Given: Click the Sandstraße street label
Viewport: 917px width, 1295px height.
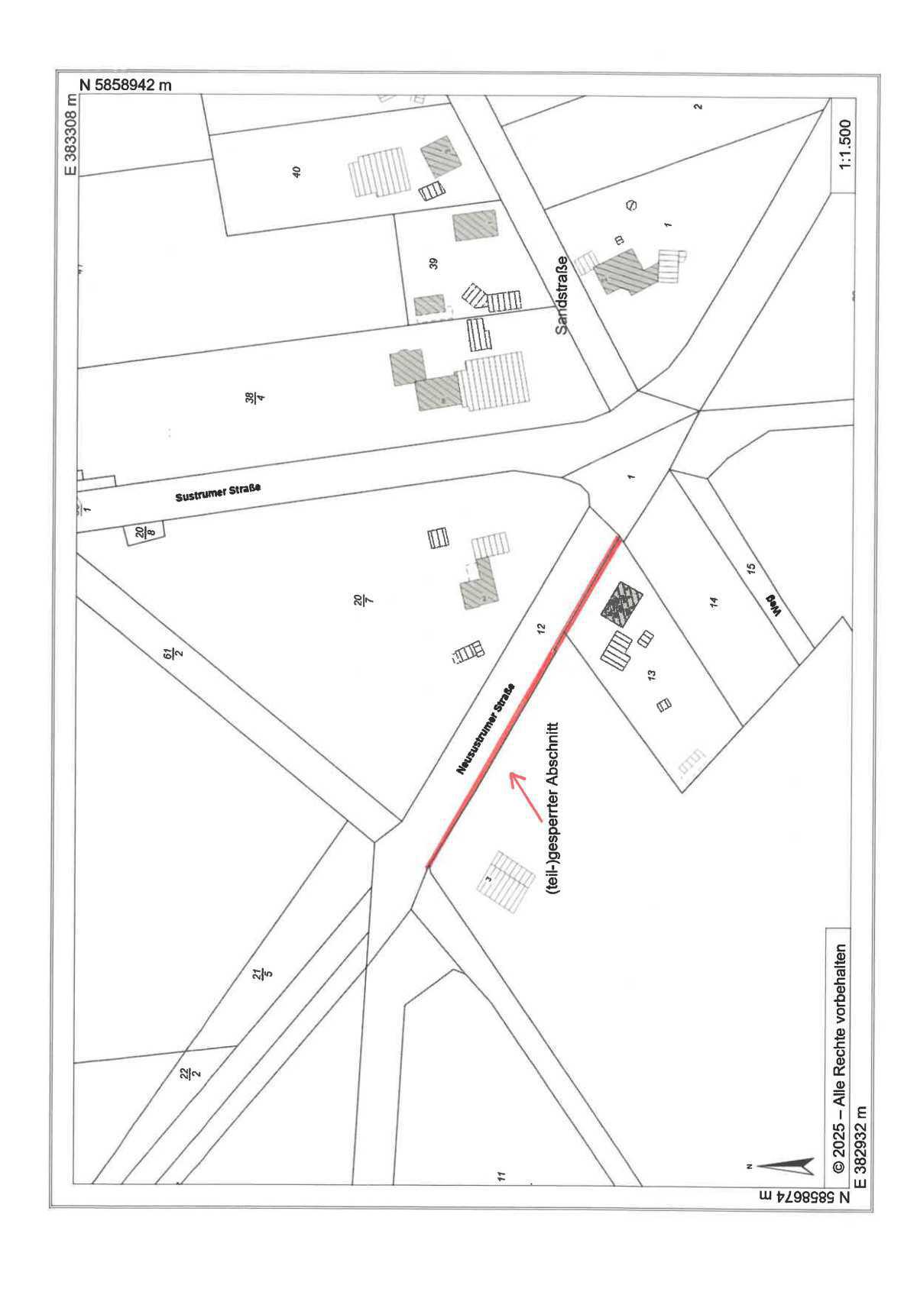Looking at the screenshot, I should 562,295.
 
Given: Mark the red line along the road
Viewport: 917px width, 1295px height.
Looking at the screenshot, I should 523,702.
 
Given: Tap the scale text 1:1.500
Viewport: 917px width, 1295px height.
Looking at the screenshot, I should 845,145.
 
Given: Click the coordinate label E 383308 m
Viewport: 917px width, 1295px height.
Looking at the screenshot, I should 71,134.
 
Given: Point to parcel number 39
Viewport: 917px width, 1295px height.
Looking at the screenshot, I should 433,263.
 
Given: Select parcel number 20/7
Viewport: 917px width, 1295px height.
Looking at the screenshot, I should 359,601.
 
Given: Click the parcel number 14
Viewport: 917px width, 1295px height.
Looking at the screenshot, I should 714,602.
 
